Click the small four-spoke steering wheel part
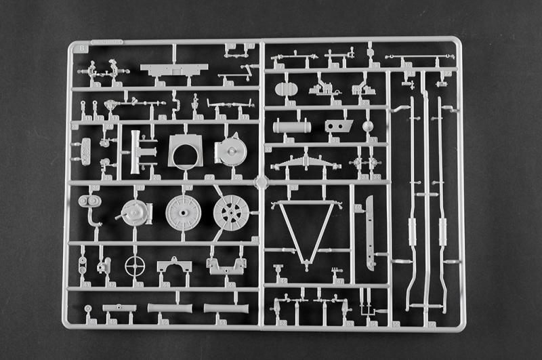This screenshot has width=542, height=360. (135, 265)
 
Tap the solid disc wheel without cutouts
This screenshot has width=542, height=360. (183, 212)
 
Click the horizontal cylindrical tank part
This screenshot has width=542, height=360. (292, 126)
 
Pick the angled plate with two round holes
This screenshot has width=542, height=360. (339, 125)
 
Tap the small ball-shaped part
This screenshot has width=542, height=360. (368, 126)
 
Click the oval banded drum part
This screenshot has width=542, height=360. (287, 88)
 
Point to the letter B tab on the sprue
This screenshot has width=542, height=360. (83, 47)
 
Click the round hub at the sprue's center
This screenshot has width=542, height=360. (261, 182)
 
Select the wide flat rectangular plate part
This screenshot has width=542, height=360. (173, 70)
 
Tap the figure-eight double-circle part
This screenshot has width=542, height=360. (89, 201)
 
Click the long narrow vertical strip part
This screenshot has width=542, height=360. (369, 231)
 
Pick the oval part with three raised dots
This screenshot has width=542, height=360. (85, 151)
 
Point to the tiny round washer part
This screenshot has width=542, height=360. (88, 308)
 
